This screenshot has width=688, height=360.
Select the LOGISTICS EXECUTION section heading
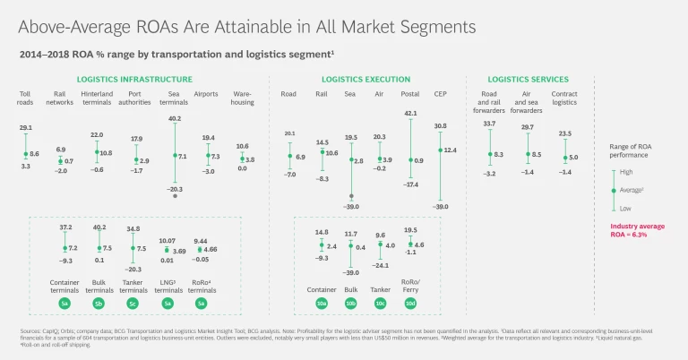[365, 80]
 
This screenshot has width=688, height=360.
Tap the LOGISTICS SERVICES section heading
[529, 80]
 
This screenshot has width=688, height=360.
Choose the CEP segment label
[441, 93]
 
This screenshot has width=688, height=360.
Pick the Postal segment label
[410, 93]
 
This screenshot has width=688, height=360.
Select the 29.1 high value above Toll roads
[25, 127]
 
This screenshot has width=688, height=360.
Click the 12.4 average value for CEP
[450, 150]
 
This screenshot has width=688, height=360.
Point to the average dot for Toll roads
[25, 155]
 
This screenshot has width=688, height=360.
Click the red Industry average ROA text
[637, 230]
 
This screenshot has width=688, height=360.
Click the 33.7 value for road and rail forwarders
[490, 124]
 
